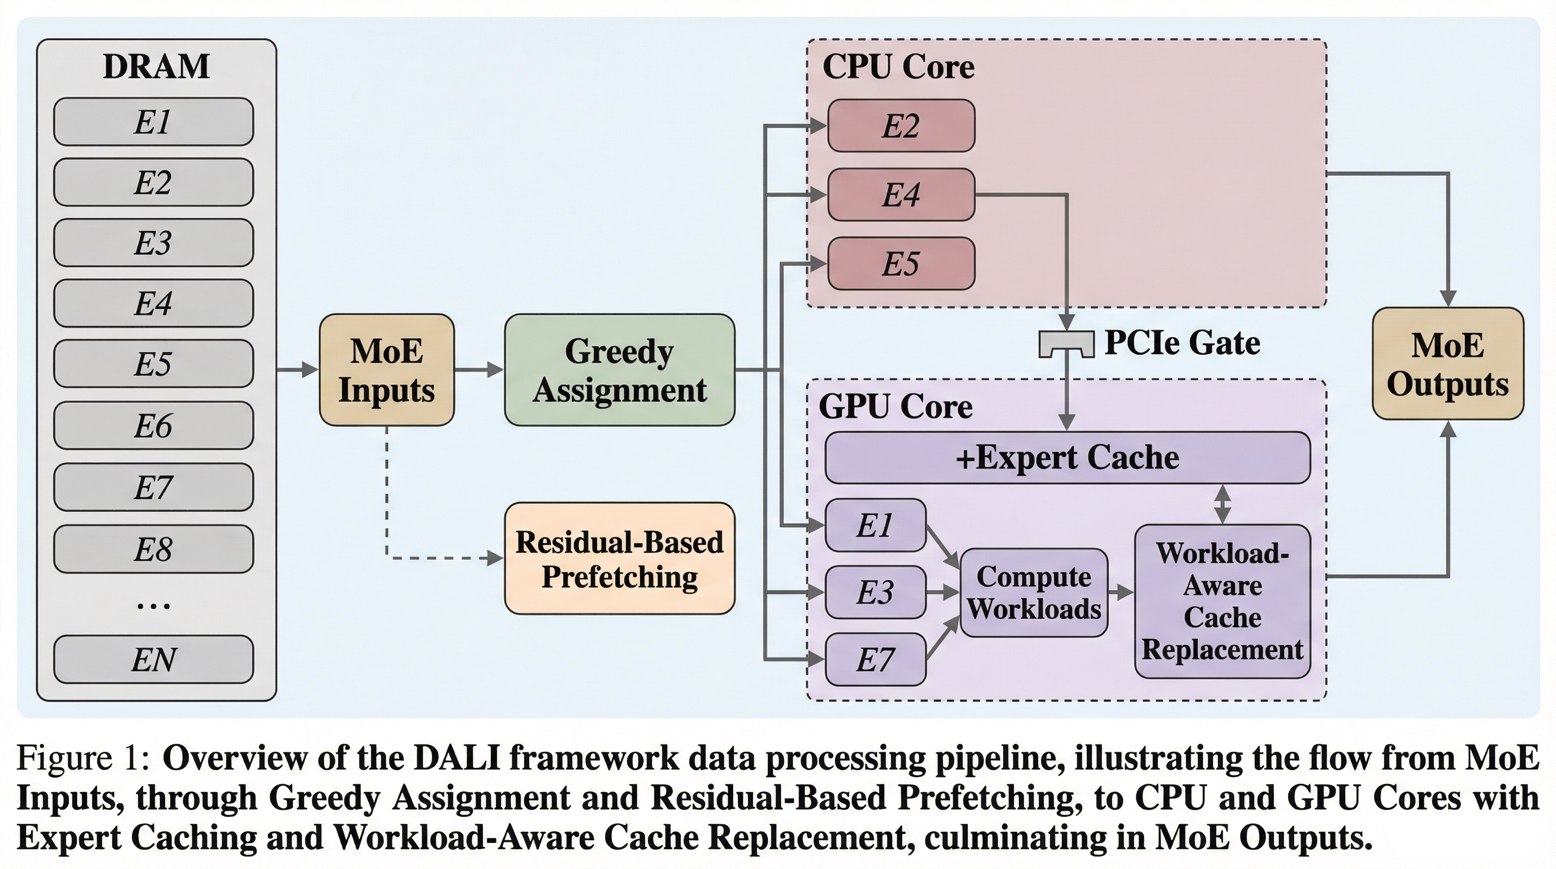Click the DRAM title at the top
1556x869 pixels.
click(157, 66)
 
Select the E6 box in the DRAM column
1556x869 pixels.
click(153, 425)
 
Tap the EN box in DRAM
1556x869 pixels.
click(153, 659)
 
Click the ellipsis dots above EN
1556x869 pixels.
click(153, 605)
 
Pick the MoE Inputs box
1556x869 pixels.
click(387, 370)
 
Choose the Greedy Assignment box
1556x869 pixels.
click(620, 370)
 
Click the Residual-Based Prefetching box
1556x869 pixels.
click(620, 558)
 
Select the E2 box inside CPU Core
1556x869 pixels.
click(901, 126)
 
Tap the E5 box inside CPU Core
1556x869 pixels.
click(901, 264)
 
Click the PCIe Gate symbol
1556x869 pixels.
click(1067, 344)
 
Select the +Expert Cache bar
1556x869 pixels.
click(1067, 458)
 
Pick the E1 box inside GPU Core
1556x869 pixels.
click(875, 525)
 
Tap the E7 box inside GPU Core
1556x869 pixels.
click(875, 659)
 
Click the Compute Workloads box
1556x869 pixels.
click(1034, 593)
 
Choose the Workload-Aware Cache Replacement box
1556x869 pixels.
click(1222, 601)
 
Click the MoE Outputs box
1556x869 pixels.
click(1448, 364)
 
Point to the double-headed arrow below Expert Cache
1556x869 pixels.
click(1222, 504)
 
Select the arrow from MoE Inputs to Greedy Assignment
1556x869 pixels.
click(478, 369)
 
